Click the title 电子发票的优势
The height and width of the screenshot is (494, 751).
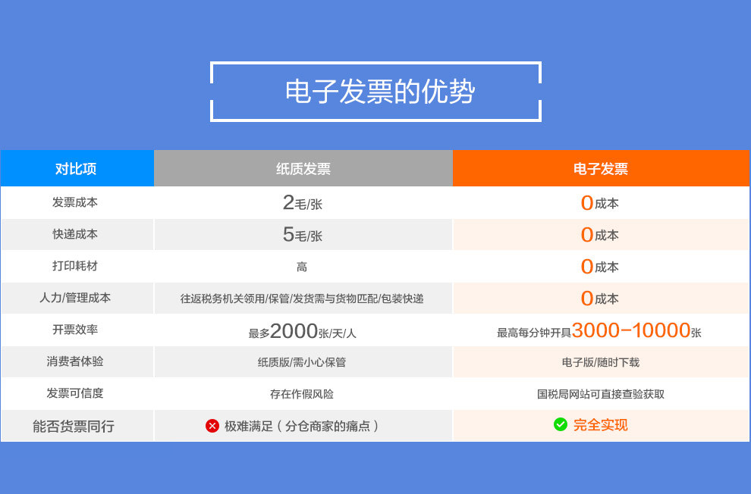click(379, 92)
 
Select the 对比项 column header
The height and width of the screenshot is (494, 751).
click(76, 168)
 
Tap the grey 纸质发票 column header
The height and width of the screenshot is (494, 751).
click(303, 168)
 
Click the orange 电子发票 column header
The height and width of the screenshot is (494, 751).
click(600, 168)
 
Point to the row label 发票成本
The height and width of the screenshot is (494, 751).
click(75, 202)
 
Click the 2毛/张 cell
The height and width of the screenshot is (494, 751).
click(302, 203)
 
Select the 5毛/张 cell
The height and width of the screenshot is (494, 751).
click(302, 235)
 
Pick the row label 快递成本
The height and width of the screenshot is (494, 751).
click(75, 234)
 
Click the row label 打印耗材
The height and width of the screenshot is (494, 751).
click(75, 266)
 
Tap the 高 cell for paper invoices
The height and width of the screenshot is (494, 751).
click(302, 267)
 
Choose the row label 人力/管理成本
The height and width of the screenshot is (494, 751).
click(75, 298)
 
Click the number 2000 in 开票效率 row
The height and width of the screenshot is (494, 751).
click(294, 331)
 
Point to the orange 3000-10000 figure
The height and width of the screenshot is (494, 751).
click(630, 330)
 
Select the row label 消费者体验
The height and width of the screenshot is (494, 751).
click(75, 361)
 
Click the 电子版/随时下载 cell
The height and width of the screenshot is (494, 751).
click(600, 362)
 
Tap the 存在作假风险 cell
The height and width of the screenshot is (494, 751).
click(302, 394)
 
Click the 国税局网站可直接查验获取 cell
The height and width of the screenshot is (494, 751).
click(600, 394)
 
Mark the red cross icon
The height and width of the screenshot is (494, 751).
click(212, 426)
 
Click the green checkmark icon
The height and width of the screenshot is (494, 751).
click(561, 424)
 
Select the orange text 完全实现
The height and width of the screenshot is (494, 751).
click(600, 425)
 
